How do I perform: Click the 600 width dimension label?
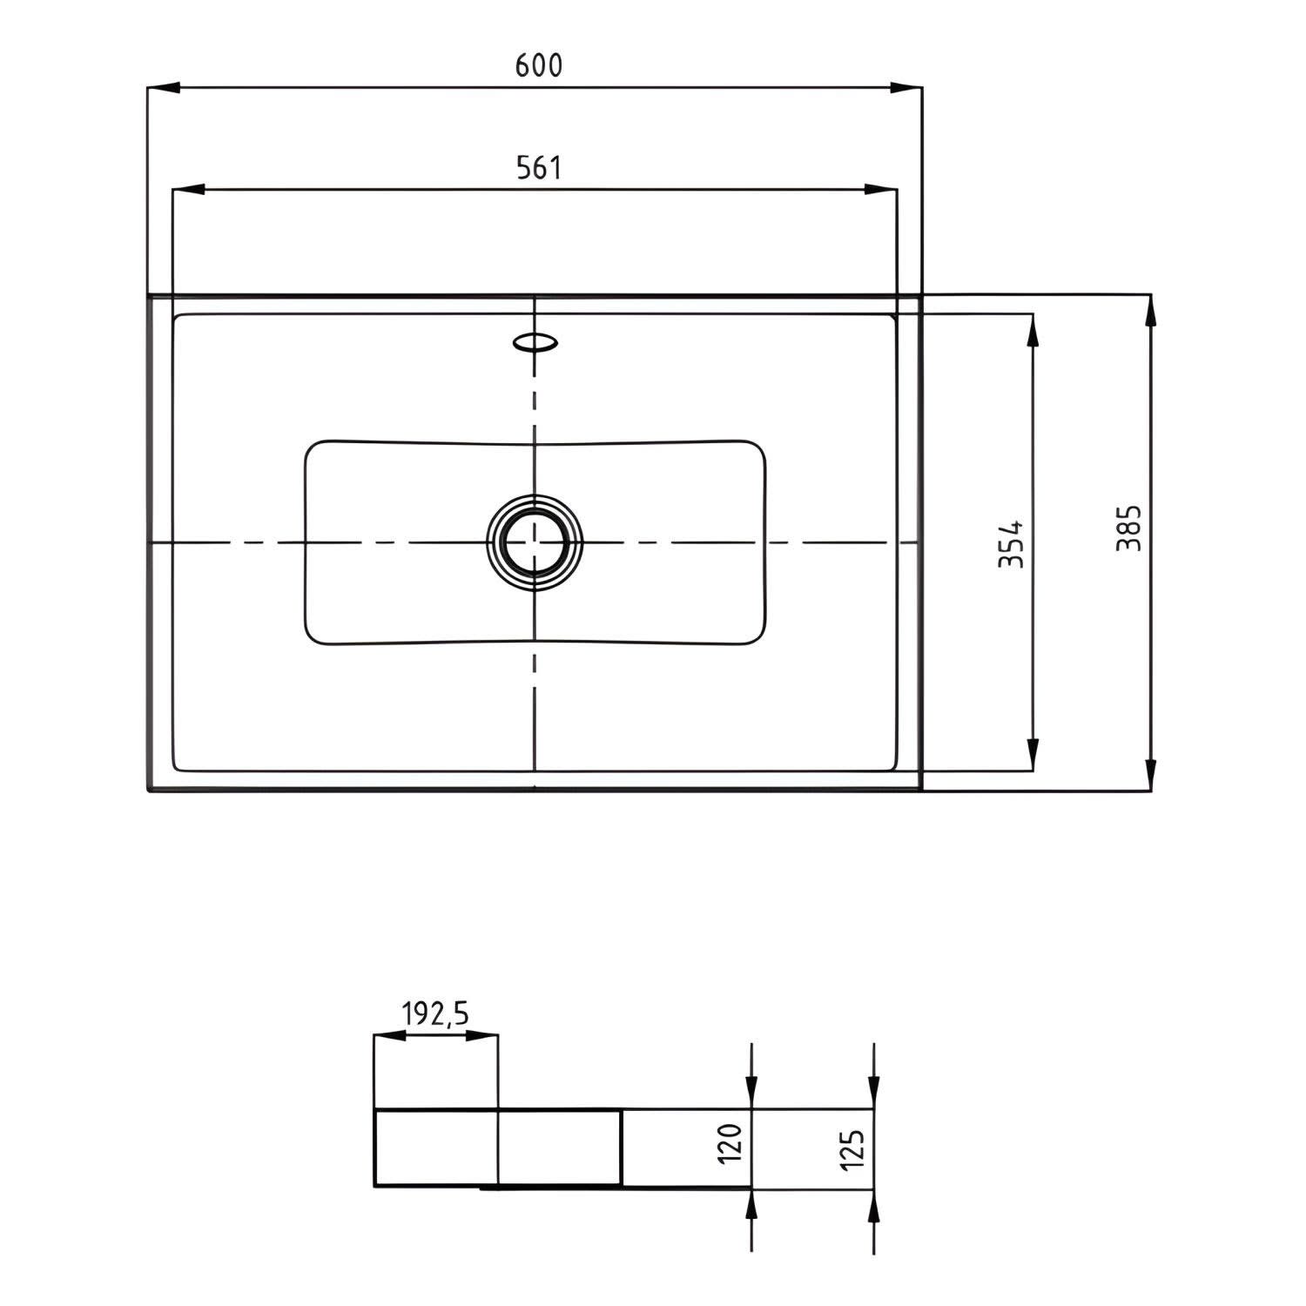point(539,65)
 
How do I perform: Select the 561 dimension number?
point(539,167)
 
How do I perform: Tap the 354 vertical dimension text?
point(1011,544)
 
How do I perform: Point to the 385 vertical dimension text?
point(1128,528)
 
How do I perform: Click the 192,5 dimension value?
point(435,1013)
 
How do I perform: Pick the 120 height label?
point(730,1143)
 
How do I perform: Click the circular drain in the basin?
point(534,542)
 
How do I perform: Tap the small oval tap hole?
point(535,342)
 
